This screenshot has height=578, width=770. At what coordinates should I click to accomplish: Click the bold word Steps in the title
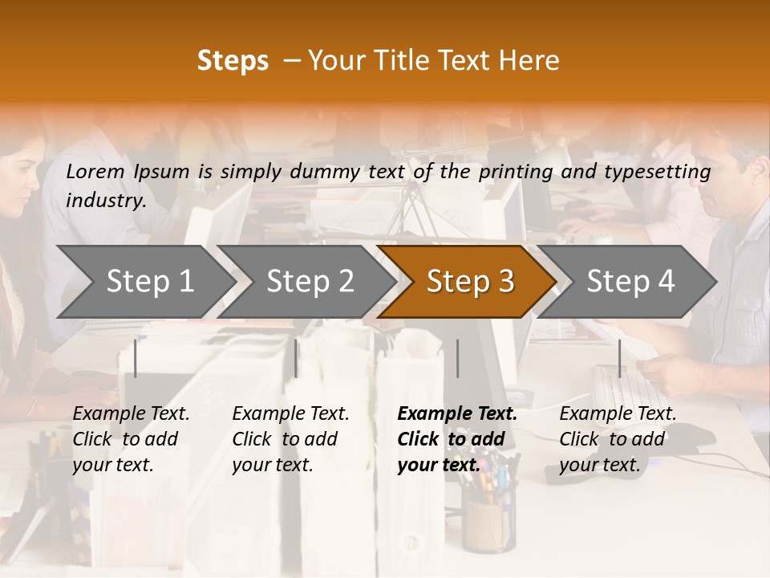click(x=233, y=61)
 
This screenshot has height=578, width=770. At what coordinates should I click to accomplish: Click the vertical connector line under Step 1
click(x=136, y=358)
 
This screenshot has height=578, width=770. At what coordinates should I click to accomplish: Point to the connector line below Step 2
click(x=296, y=358)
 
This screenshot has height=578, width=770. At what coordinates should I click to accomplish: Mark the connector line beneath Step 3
click(x=458, y=358)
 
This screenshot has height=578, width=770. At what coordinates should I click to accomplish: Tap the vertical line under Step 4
click(x=619, y=358)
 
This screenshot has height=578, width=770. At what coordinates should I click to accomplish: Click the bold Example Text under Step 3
click(x=457, y=414)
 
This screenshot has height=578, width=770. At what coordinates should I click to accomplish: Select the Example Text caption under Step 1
click(x=132, y=414)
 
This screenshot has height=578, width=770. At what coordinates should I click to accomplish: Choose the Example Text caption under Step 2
click(x=291, y=414)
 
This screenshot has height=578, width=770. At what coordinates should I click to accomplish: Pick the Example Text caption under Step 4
click(x=618, y=414)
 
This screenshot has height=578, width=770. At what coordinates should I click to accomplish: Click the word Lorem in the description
click(x=95, y=171)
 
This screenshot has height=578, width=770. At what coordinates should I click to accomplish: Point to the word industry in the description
click(x=106, y=201)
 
